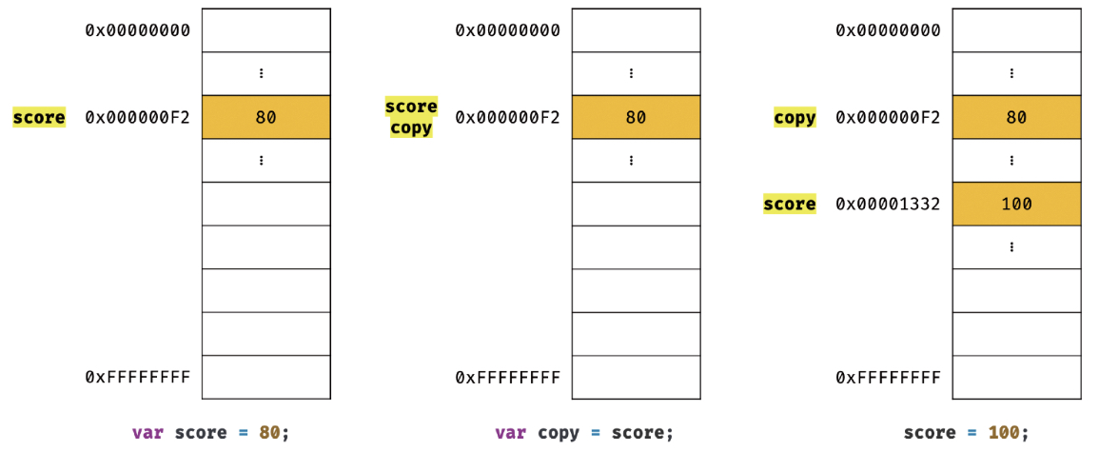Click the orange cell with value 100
1016,204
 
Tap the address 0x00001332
888,204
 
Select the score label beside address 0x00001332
789,204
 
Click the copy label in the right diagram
795,118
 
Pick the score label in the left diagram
39,118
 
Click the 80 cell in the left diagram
265,118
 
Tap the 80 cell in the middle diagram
636,118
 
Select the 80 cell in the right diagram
1016,118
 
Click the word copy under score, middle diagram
411,127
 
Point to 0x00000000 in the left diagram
138,30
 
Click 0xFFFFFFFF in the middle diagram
508,378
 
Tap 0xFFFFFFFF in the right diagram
888,378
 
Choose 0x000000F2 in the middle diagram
508,118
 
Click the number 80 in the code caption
269,433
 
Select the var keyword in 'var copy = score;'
510,433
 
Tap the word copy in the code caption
558,433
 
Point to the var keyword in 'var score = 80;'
147,433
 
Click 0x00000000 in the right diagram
888,30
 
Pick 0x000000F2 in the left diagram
138,118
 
